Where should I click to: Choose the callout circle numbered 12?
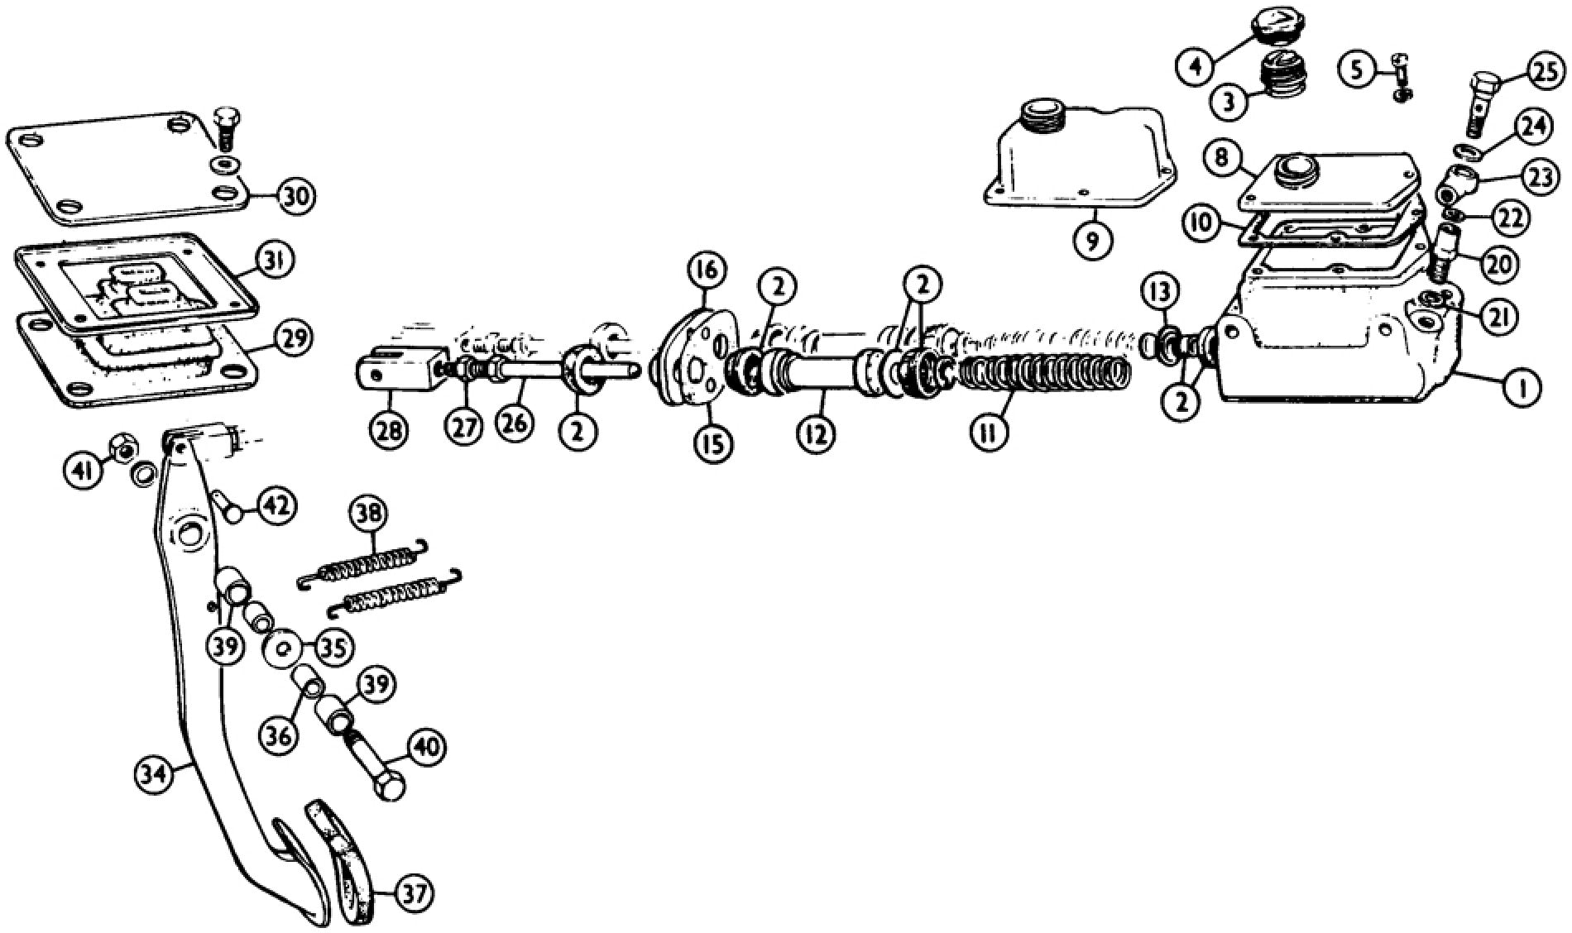coord(816,432)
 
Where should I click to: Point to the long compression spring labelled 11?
coord(1042,370)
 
